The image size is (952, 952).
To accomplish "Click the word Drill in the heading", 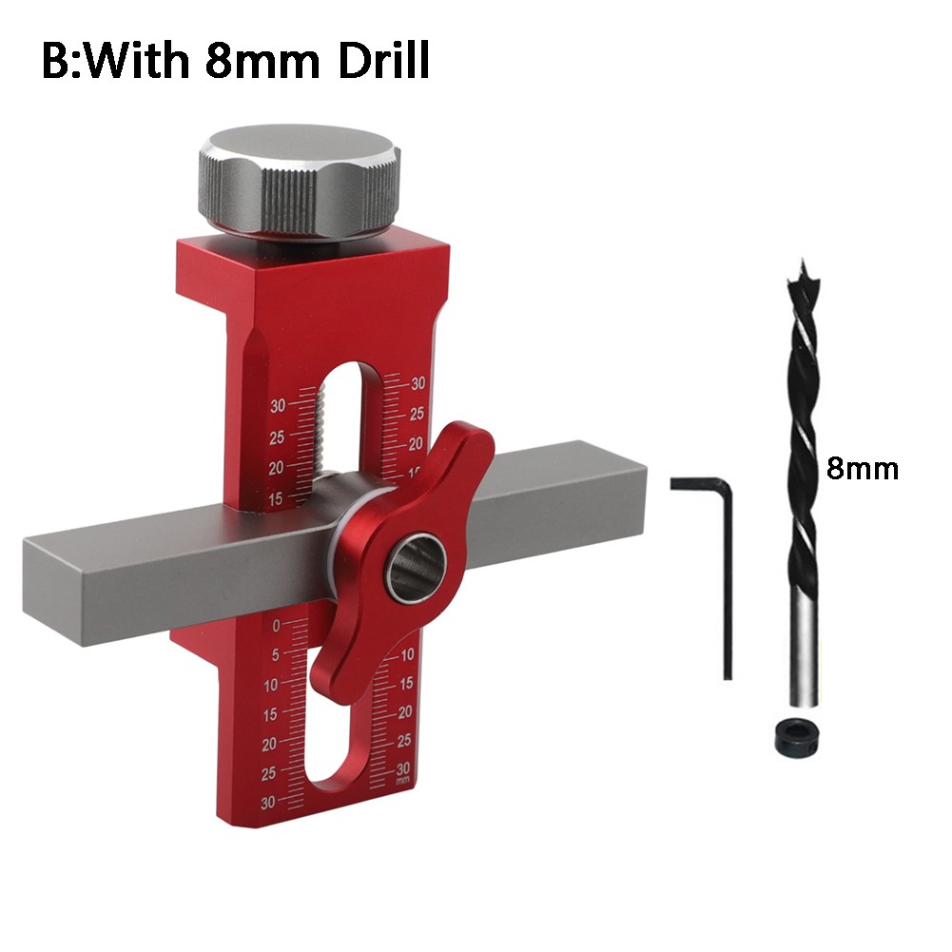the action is tap(383, 60).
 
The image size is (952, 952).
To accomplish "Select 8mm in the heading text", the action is tap(262, 61).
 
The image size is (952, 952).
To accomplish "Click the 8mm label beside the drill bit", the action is tap(863, 469).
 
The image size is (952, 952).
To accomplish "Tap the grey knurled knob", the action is tap(301, 183).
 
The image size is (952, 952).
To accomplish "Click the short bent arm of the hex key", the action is tap(698, 484).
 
